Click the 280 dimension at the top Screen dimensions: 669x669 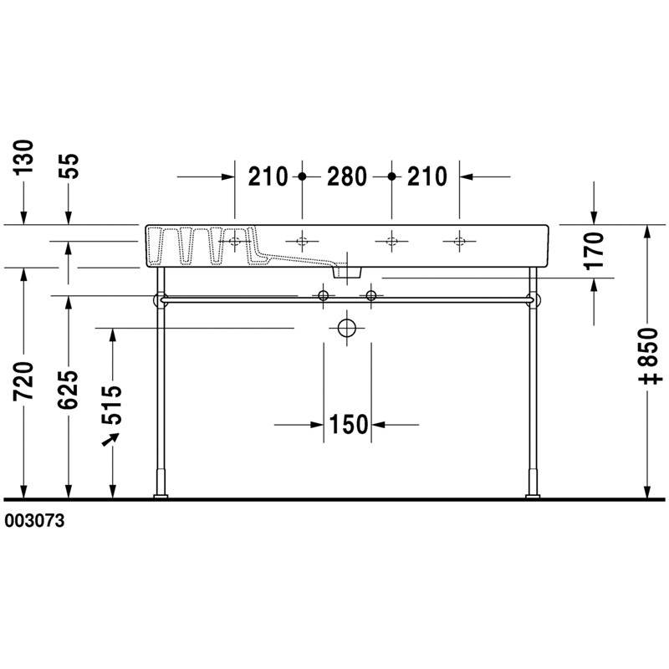click(346, 176)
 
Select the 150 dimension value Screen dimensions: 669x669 click(349, 425)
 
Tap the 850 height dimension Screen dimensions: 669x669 click(651, 347)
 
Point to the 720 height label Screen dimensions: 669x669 click(23, 381)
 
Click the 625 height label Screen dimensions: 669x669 click(69, 390)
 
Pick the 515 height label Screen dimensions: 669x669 click(112, 405)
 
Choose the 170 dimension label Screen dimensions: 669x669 click(594, 251)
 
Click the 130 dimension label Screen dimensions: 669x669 click(23, 157)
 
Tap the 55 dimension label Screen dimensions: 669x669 click(69, 166)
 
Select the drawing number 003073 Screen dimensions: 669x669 click(34, 520)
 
